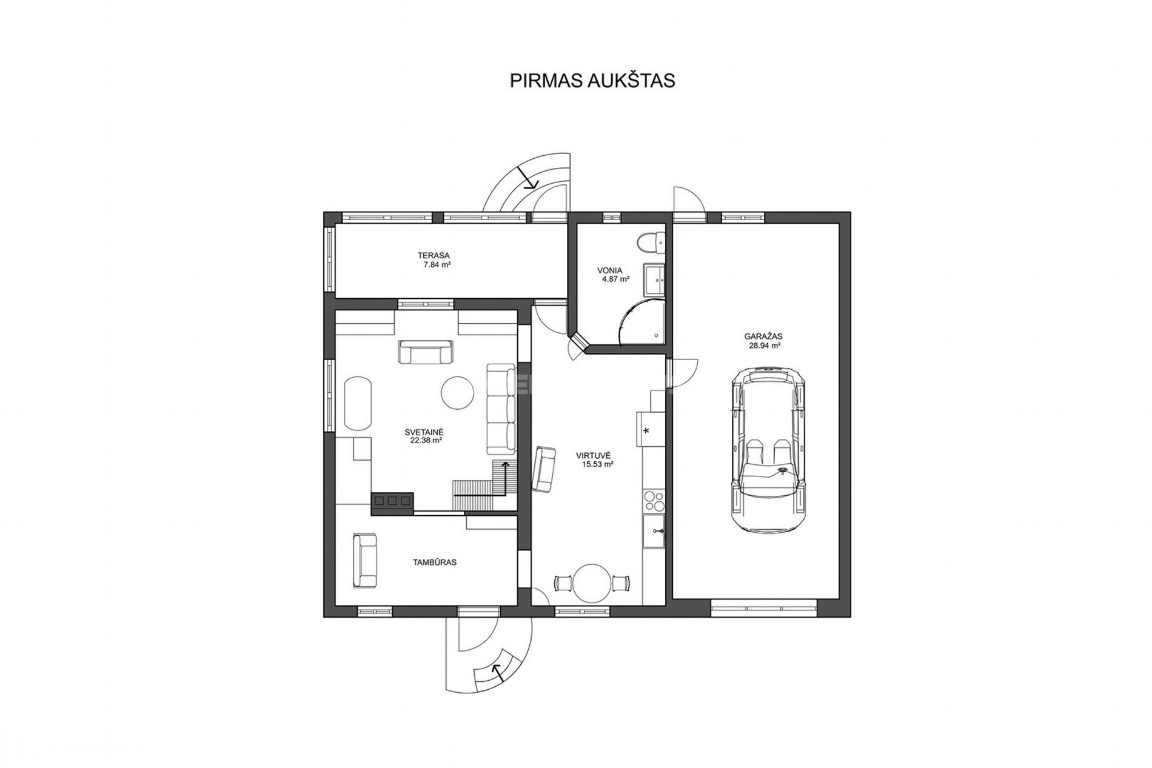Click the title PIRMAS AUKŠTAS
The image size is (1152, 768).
[592, 81]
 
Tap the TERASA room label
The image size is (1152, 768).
[433, 256]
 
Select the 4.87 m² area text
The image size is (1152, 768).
[615, 279]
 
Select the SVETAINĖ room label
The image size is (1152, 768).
[424, 432]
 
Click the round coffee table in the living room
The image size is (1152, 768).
[457, 393]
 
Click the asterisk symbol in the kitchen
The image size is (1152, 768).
[646, 431]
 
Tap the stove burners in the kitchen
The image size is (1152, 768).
[654, 501]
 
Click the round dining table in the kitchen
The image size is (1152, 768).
[592, 583]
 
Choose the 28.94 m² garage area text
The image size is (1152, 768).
[763, 346]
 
